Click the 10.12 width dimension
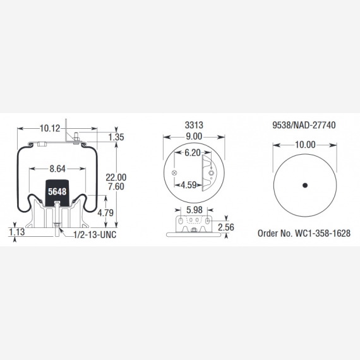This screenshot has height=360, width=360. (50, 128)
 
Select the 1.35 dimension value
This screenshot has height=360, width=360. (116, 137)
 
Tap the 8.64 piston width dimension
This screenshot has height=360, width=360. (57, 169)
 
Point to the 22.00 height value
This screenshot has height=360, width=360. (116, 177)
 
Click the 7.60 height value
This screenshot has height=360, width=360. (116, 186)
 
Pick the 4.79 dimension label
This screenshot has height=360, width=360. (105, 213)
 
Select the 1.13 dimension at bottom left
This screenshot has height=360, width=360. (17, 232)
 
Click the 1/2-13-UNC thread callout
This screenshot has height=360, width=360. (95, 235)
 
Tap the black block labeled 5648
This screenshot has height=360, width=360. (57, 193)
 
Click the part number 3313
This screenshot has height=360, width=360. (194, 125)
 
